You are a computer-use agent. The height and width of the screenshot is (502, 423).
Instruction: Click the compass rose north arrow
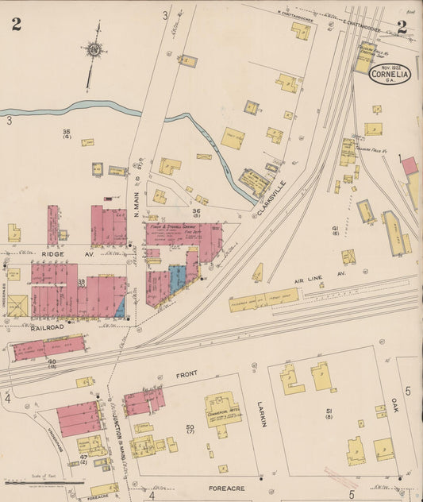click(94, 49)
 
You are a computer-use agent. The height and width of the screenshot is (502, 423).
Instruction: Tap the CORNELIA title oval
click(389, 74)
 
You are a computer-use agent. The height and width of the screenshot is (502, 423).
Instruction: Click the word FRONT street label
click(186, 373)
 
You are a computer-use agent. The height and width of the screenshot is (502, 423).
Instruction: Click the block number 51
click(328, 411)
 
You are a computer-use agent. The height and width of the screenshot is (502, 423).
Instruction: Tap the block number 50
click(190, 429)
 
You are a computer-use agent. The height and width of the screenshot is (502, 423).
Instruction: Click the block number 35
click(67, 132)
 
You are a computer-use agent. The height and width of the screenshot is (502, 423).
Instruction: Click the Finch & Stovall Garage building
click(183, 232)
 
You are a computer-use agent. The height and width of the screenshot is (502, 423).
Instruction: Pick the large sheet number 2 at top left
click(16, 24)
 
